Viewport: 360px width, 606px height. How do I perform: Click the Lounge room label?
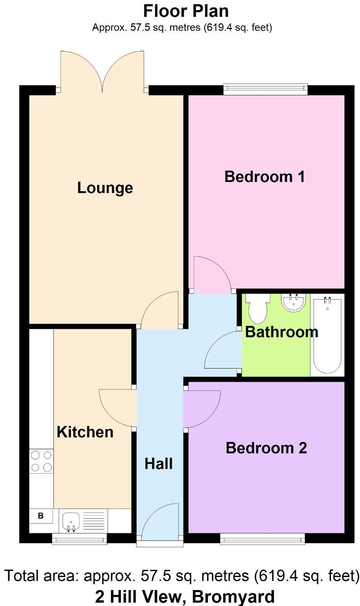coord(105,188)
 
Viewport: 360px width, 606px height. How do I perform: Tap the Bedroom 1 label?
coord(265,177)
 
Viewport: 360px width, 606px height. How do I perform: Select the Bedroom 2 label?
coord(266,448)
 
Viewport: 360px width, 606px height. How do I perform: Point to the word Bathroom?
coord(281,332)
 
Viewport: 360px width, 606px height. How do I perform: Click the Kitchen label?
coord(85,432)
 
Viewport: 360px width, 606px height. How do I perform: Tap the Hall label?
coord(159,464)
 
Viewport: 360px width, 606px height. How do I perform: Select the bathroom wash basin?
coord(293,302)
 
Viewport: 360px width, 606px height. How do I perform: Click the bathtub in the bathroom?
coord(327,334)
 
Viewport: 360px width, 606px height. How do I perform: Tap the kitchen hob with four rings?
coord(41,461)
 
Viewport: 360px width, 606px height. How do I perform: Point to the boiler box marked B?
coord(41,516)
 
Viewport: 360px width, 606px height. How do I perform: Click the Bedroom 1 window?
coord(265,89)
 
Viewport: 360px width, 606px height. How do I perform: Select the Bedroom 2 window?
coord(263,538)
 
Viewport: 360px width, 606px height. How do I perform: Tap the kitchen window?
coord(79,538)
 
